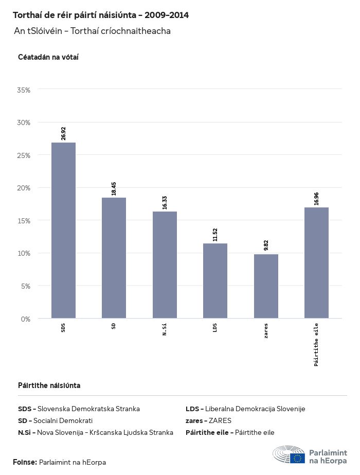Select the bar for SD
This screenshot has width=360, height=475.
[114, 258]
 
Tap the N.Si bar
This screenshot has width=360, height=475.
[165, 265]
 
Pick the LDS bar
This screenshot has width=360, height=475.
[215, 280]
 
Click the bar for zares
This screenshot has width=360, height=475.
[266, 286]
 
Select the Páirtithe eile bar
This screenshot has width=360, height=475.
[316, 262]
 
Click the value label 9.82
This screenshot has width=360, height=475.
[266, 245]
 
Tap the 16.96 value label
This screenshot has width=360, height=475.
[316, 199]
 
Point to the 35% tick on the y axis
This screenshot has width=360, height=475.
[24, 90]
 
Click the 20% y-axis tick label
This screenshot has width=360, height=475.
[24, 188]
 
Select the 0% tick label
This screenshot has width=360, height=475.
[26, 319]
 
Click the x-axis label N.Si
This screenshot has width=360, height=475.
[165, 329]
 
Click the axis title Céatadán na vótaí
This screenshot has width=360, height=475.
[48, 57]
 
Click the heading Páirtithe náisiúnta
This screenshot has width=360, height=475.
[49, 385]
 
